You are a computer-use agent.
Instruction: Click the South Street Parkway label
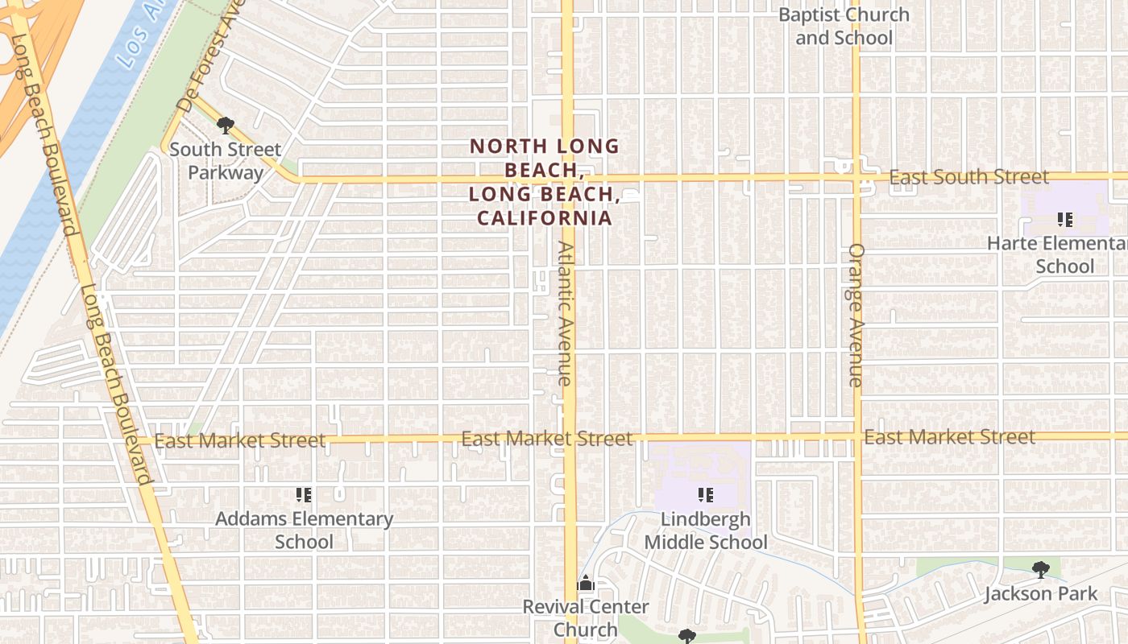tap(225, 161)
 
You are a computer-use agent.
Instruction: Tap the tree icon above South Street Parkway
tap(226, 125)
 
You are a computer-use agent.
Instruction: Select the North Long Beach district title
tap(545, 182)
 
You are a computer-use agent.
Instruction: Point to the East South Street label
tap(969, 177)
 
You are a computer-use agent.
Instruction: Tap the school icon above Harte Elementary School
tap(1064, 219)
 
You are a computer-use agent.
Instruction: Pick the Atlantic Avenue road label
tap(566, 314)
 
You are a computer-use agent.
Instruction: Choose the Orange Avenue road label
tap(856, 315)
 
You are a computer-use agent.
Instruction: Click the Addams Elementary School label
tap(304, 530)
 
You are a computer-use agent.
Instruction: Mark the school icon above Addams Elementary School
tap(304, 494)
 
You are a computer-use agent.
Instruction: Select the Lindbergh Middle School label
tap(706, 530)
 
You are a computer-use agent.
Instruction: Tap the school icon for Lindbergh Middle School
tap(706, 494)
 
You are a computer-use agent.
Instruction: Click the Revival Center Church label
tap(586, 617)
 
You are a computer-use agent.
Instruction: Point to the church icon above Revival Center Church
tap(586, 583)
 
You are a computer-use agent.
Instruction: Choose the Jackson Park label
tap(1041, 594)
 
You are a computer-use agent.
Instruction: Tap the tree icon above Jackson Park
tap(1041, 570)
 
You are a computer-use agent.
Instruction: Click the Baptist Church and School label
tap(844, 26)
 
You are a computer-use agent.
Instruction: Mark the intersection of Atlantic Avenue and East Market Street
tap(569, 438)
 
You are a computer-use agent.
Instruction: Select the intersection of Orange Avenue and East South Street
tap(856, 176)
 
